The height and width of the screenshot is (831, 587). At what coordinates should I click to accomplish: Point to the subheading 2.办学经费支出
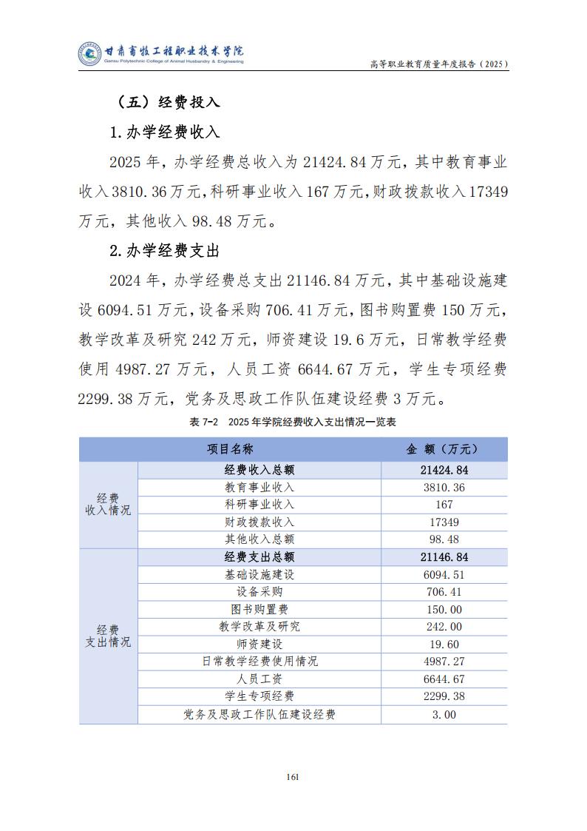tap(164, 251)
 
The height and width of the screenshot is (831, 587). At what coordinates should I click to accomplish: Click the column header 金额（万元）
tap(444, 449)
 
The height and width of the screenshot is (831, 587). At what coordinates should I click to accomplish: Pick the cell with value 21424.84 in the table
tap(444, 470)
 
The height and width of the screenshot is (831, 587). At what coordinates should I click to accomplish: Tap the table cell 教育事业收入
tap(259, 488)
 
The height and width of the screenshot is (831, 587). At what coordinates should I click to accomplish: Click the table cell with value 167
tap(444, 505)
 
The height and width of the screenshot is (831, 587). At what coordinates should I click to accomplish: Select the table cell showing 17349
tap(444, 522)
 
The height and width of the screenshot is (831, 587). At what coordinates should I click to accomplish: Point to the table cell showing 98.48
tap(444, 539)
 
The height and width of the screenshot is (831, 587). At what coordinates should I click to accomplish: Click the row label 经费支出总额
tap(259, 557)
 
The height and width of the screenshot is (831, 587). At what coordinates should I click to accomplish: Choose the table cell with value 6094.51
tap(444, 575)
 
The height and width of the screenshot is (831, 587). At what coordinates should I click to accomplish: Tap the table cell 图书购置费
tap(259, 610)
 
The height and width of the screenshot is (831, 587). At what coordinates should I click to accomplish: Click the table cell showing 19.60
tap(444, 645)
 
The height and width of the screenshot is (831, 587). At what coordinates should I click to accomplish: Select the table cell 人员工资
tap(259, 679)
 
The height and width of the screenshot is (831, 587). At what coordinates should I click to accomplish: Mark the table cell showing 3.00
tap(444, 715)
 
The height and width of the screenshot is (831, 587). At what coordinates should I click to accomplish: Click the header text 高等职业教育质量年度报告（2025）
tap(438, 64)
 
